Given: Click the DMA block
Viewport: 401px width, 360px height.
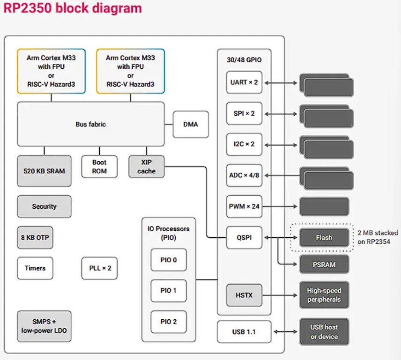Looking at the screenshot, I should point(191,124).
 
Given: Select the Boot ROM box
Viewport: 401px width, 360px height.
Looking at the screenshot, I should point(99,167).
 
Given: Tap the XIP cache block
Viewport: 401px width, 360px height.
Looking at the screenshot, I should point(147,167).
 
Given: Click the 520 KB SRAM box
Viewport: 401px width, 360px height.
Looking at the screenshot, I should point(45,171).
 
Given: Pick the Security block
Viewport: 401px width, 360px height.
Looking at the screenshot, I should point(45,206).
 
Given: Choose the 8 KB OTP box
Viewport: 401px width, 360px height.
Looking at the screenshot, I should point(35,237).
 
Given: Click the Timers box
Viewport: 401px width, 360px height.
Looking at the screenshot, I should point(35,268).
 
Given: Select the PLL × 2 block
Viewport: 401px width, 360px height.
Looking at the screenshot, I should point(100,268).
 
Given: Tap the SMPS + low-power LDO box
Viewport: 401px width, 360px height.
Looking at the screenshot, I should point(45,326).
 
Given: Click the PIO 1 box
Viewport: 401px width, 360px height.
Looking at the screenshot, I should point(168,291).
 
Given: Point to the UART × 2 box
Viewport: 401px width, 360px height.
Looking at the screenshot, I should point(244,82).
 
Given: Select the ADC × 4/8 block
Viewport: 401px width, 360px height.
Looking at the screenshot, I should point(244,175).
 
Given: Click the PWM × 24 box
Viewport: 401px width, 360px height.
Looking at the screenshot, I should point(244,206).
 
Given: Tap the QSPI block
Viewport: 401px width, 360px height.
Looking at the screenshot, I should point(244,238).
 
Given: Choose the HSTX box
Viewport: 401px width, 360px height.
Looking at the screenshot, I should point(244,295).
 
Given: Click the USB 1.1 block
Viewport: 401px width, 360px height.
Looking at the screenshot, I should point(244,332).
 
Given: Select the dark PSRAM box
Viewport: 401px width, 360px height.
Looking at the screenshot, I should point(324,264).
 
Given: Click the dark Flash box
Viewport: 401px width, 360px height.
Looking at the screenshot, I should point(324,238).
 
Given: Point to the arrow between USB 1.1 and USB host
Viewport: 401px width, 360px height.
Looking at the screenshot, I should point(285,332).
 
